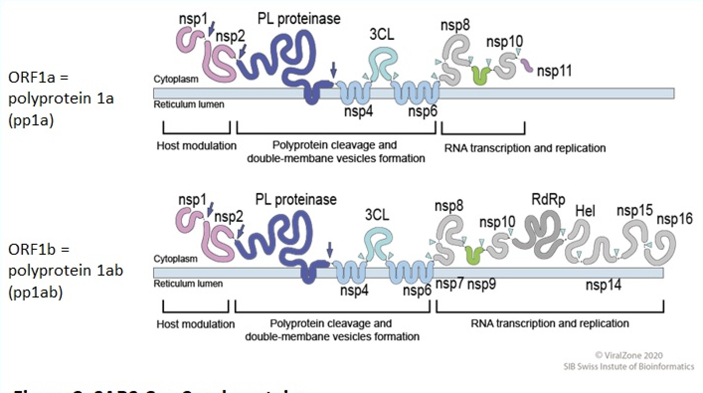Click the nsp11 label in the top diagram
coord(554,71)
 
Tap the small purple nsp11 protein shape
coord(527,65)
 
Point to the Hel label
coord(585,212)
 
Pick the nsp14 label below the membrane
coord(603,285)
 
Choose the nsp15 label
coord(634,211)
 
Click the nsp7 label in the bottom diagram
coord(449,285)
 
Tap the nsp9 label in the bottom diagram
coord(481,285)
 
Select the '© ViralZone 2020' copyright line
coord(628,355)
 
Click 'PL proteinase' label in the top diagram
coord(299,19)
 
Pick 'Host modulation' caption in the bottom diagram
coord(195,324)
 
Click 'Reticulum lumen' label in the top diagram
coord(188,104)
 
